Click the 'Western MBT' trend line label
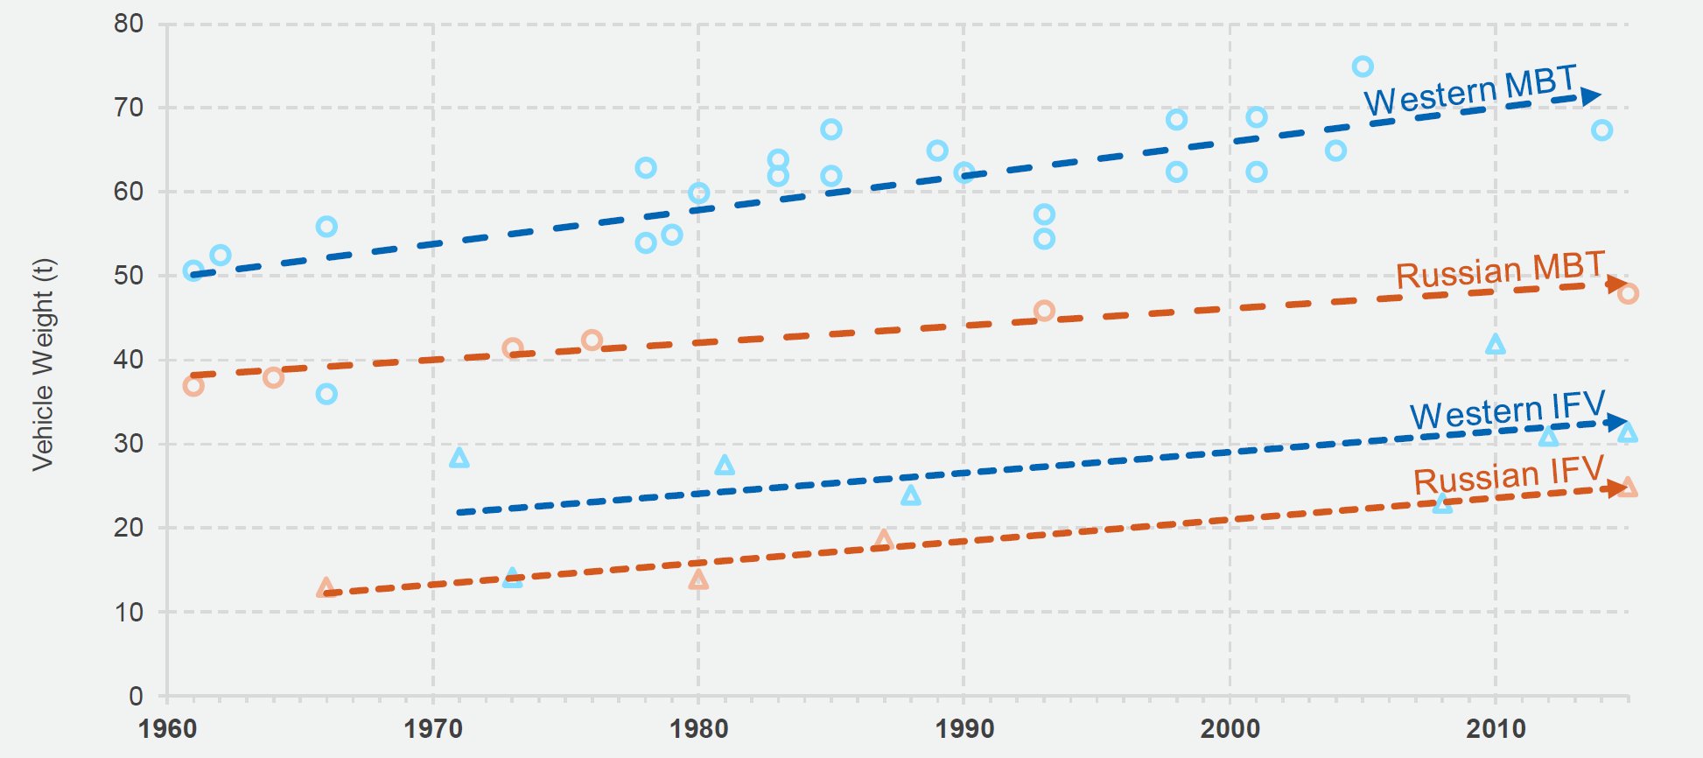[x=1469, y=90]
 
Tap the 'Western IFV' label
[x=1507, y=410]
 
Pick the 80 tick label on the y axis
[x=128, y=24]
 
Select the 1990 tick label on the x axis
[x=964, y=728]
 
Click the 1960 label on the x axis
[x=167, y=728]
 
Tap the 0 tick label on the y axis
[x=136, y=697]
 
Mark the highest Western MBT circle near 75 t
[x=1362, y=67]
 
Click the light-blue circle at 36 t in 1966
[x=326, y=394]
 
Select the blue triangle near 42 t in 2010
[x=1495, y=345]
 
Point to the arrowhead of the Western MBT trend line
[x=1591, y=96]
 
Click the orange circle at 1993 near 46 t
[x=1043, y=311]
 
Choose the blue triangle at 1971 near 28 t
[x=459, y=458]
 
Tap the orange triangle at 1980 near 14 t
[x=697, y=579]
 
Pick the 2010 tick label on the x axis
[x=1495, y=728]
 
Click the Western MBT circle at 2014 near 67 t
[x=1601, y=130]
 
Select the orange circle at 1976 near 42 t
[x=592, y=340]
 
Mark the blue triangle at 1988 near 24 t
[x=910, y=496]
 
